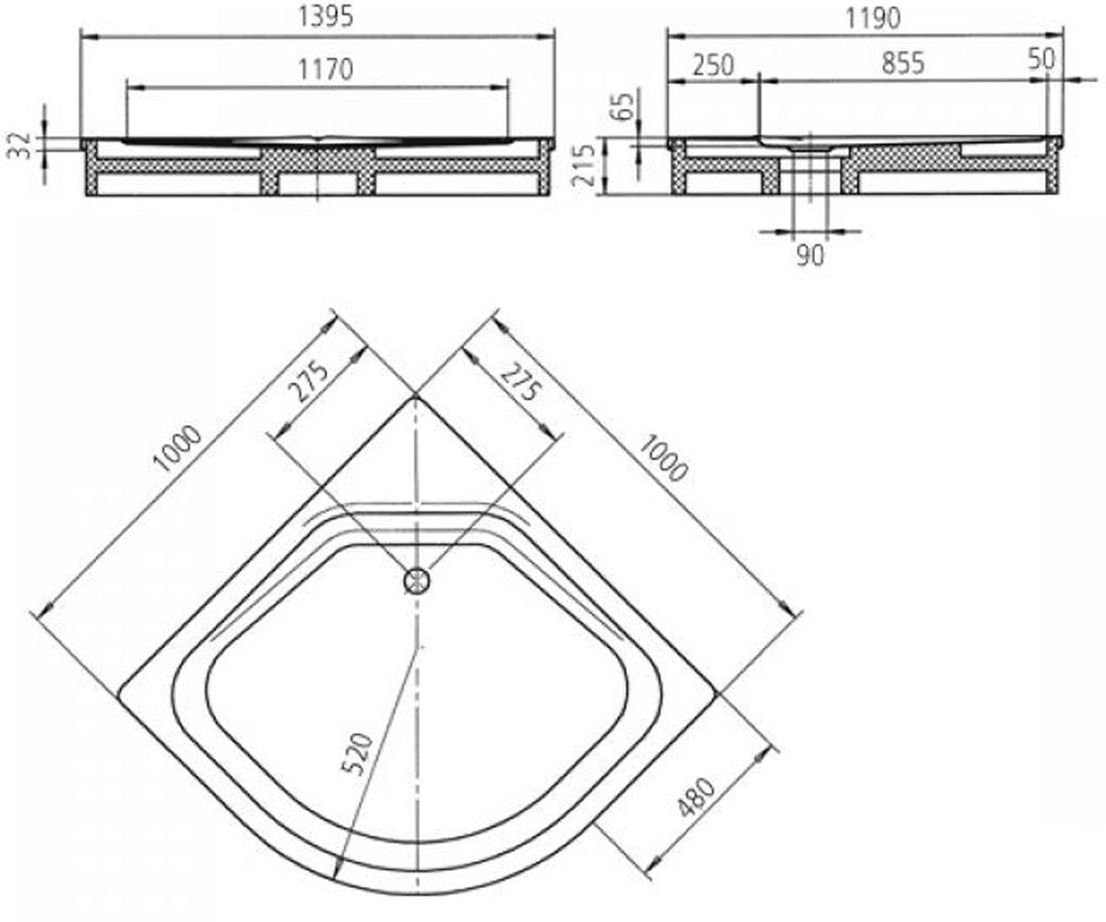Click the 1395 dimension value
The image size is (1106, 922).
point(325,16)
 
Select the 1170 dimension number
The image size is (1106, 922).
point(325,69)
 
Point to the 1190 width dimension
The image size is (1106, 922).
point(872,18)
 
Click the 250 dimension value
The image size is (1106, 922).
point(713,65)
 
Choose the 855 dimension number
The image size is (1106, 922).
point(903,63)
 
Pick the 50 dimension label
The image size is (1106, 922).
point(1041,59)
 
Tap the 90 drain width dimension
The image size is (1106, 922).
point(810,255)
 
